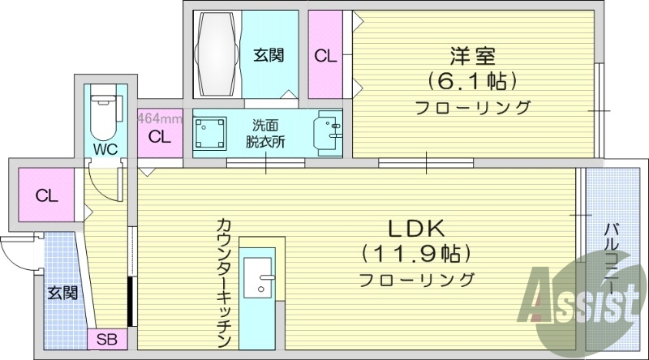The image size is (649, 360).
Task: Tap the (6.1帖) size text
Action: [474, 81]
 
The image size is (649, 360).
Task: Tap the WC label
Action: [104, 149]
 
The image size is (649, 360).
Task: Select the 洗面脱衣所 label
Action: [267, 133]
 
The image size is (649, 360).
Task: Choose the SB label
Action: [106, 339]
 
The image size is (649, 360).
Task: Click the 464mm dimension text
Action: [159, 118]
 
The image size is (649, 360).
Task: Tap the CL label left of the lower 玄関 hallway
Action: [45, 195]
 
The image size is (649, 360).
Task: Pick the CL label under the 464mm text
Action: [160, 136]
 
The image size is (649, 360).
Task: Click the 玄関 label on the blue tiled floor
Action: [61, 292]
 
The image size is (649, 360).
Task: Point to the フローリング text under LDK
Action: [417, 280]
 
